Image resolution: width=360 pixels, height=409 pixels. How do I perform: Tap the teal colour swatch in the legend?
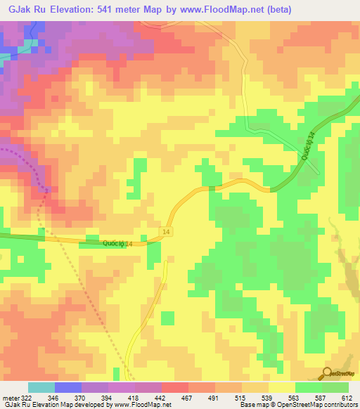(41, 387)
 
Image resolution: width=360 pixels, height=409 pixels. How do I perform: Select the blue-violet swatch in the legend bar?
(67, 387)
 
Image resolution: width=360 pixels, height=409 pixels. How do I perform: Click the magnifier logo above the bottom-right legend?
(328, 372)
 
